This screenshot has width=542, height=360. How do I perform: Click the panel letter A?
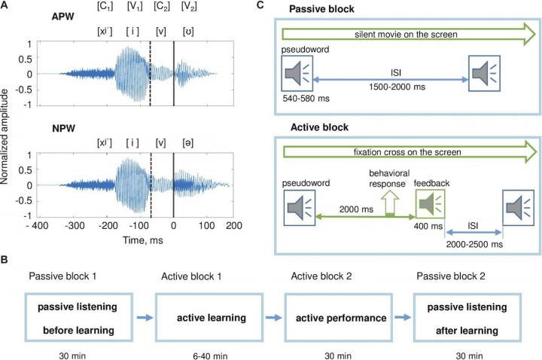pos(5,6)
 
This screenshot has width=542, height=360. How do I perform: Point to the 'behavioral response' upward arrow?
pos(390,203)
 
